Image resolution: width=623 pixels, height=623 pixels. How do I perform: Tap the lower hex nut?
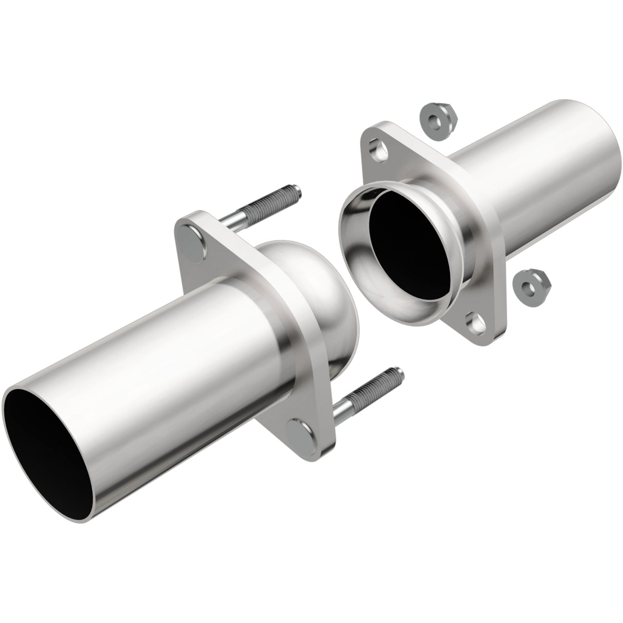533,283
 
